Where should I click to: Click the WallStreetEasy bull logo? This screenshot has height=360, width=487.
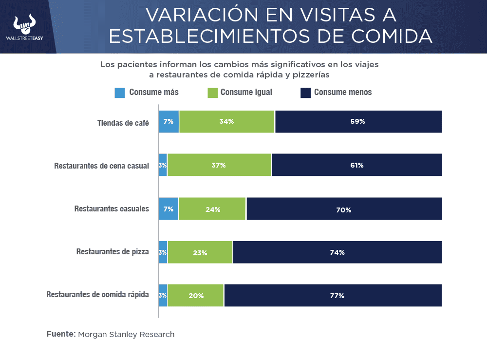[25, 24]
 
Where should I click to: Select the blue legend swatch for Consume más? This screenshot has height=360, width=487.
[120, 93]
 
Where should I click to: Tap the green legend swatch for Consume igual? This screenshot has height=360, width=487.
[213, 93]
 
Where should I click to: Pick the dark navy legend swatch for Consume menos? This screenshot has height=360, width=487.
[306, 93]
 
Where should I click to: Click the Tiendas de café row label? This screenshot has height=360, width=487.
[123, 122]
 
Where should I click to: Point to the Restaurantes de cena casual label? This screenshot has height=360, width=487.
[101, 166]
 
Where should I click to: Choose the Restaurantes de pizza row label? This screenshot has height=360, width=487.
[112, 252]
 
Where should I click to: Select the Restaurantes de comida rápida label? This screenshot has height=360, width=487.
[97, 295]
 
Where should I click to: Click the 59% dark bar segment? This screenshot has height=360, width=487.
[358, 122]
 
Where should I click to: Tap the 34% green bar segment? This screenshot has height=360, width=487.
[227, 122]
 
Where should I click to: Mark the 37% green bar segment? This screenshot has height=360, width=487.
[219, 165]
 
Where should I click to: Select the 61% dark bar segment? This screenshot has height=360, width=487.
[357, 165]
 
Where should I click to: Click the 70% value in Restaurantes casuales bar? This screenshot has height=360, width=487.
[344, 209]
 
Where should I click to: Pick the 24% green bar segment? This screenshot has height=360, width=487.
[212, 209]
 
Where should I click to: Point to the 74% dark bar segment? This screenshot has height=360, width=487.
[337, 252]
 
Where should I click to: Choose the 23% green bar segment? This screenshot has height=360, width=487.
[200, 252]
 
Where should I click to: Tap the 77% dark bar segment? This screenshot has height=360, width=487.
[333, 295]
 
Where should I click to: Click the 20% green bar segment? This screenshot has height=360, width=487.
[196, 295]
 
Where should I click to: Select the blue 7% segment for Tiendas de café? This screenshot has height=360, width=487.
[169, 122]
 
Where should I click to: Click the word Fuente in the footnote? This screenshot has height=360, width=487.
[61, 334]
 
